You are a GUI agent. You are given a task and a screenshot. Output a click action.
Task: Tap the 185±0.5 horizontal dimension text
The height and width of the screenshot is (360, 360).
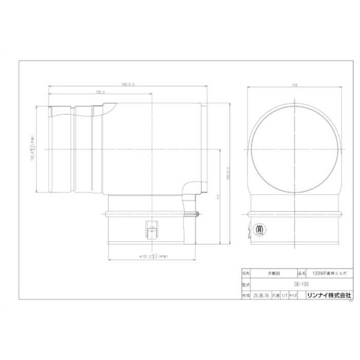tap(128, 85)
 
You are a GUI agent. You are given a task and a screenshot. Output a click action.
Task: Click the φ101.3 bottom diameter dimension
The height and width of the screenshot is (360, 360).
tap(148, 255)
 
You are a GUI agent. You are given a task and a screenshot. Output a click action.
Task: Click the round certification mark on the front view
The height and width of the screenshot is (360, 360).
tap(260, 229)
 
